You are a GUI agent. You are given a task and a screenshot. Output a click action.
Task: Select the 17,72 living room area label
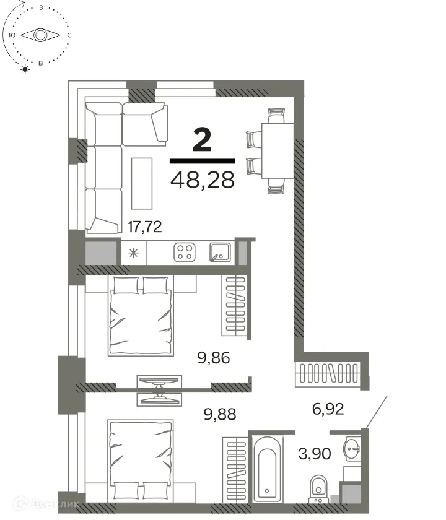pos(144,227)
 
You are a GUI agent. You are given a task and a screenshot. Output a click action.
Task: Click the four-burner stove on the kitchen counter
pos(184,251)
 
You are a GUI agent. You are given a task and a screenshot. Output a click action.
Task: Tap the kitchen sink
pos(221,252)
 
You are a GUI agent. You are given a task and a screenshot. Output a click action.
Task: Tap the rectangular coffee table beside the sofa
pos(141,183)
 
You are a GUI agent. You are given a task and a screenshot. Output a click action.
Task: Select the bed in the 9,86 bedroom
pos(140,316)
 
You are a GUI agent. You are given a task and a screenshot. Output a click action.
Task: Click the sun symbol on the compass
pos(25,69)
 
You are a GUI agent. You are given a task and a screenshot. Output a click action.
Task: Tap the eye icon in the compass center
pos(40,35)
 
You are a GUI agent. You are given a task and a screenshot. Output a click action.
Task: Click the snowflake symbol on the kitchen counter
pos(133,252)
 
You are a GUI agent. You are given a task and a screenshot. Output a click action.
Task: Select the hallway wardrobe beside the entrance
pos(328,375)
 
